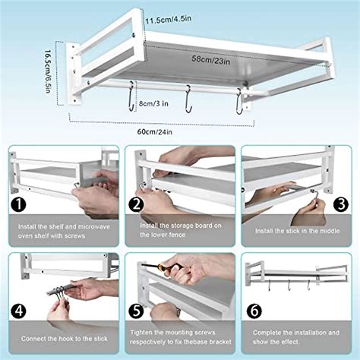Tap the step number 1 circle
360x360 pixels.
click(x=18, y=204)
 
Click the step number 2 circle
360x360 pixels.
click(x=137, y=204)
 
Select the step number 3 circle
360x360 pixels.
click(x=340, y=204)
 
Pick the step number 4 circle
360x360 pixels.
click(x=18, y=310)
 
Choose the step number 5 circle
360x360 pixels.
click(x=137, y=310)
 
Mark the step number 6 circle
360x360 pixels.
click(x=255, y=310)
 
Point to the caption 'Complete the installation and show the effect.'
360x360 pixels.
click(x=295, y=336)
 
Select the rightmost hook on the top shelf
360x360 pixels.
click(x=239, y=102)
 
